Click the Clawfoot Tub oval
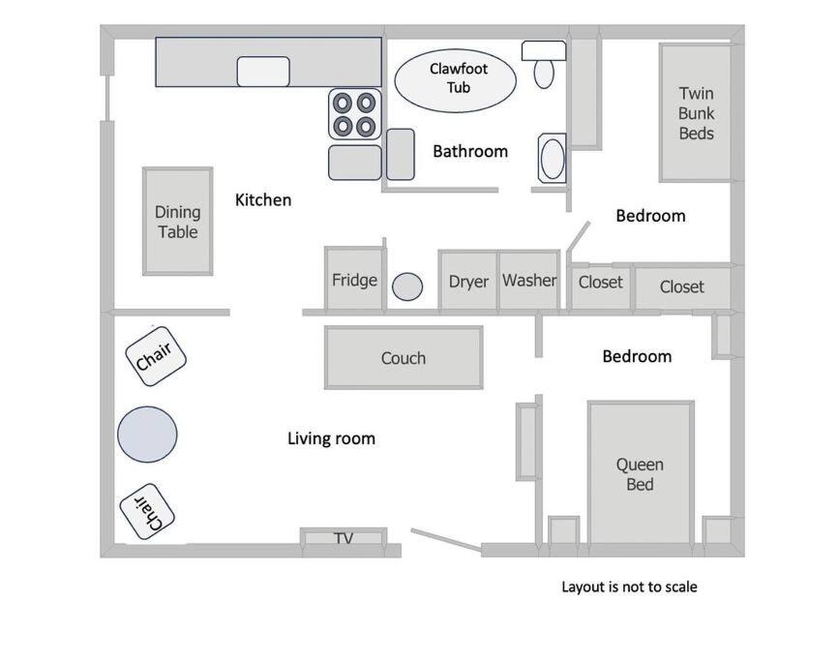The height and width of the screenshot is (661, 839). point(456,80)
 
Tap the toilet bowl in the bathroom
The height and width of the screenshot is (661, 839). point(544,74)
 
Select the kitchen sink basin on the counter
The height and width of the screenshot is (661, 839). point(263,72)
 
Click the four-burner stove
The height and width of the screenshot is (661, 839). point(355,114)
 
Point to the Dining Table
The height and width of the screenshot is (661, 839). point(178,221)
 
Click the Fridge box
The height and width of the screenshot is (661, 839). point(354,279)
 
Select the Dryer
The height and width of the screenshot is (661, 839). point(468,281)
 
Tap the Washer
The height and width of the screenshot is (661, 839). point(529,280)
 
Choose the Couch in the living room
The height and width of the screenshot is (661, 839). point(404,357)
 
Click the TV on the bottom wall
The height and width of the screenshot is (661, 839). point(344,537)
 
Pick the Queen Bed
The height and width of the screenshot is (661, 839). point(641,473)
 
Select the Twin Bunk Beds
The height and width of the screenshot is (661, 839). point(696,113)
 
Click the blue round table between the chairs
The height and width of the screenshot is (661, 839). point(147,435)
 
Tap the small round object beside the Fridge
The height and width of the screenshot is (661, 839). point(407,286)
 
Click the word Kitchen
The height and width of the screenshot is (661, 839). point(263,199)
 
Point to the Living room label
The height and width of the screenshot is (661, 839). point(331,438)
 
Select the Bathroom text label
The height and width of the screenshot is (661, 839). point(470,152)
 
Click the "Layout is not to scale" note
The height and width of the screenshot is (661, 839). point(629,586)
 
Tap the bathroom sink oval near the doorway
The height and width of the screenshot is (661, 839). point(553,159)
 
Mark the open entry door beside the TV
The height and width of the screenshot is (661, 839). point(446,539)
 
